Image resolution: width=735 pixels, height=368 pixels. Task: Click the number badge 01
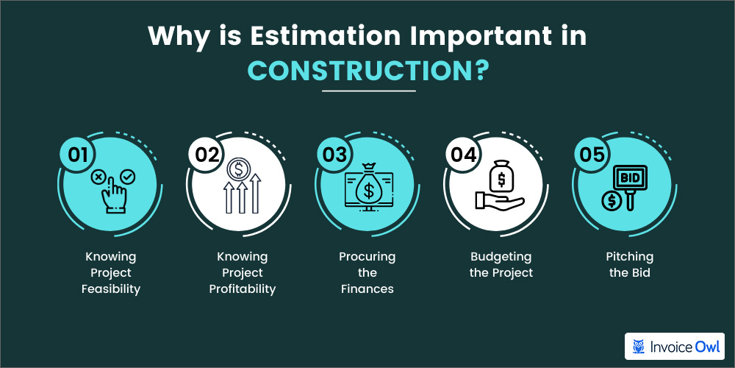pyautogui.click(x=76, y=152)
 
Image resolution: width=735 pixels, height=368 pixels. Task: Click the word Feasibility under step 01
pyautogui.click(x=110, y=289)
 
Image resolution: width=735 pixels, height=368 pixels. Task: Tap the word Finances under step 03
pyautogui.click(x=367, y=289)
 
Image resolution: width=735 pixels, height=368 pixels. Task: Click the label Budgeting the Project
pyautogui.click(x=500, y=264)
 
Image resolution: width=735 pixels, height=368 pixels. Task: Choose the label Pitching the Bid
pyautogui.click(x=629, y=264)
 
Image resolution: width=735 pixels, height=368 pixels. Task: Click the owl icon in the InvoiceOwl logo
pyautogui.click(x=640, y=346)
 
